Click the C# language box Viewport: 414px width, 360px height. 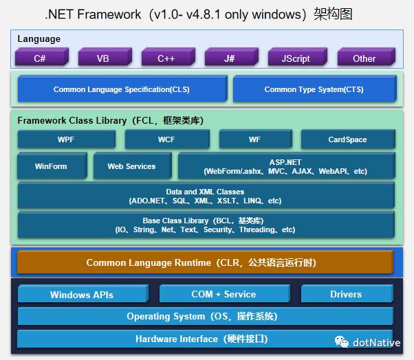(x=40, y=58)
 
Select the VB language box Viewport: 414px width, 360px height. (x=103, y=58)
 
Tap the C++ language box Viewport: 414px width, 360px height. (x=166, y=58)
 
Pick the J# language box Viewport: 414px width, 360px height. (x=230, y=58)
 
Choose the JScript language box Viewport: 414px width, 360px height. (x=296, y=58)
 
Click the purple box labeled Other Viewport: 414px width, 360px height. (x=364, y=58)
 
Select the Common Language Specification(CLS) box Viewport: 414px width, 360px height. (x=122, y=89)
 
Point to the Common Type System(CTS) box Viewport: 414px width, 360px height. (x=314, y=89)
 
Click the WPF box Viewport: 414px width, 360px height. (x=66, y=139)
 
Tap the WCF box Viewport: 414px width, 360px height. (x=166, y=139)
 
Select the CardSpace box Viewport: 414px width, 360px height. (x=347, y=139)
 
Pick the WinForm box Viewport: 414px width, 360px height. (x=52, y=166)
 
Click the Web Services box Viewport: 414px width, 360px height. (x=131, y=166)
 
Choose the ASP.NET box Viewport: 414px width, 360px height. (x=285, y=166)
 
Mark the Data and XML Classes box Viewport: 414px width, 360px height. (x=205, y=196)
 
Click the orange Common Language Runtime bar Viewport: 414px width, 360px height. (x=201, y=262)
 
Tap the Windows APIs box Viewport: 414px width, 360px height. (x=81, y=294)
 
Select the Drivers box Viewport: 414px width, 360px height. (x=346, y=294)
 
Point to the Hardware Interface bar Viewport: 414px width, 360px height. (x=201, y=339)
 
